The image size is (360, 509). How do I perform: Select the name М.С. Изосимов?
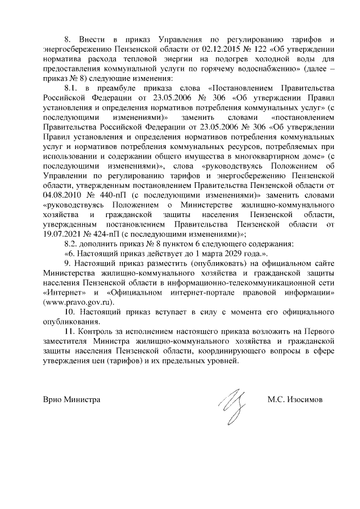[295, 400]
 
